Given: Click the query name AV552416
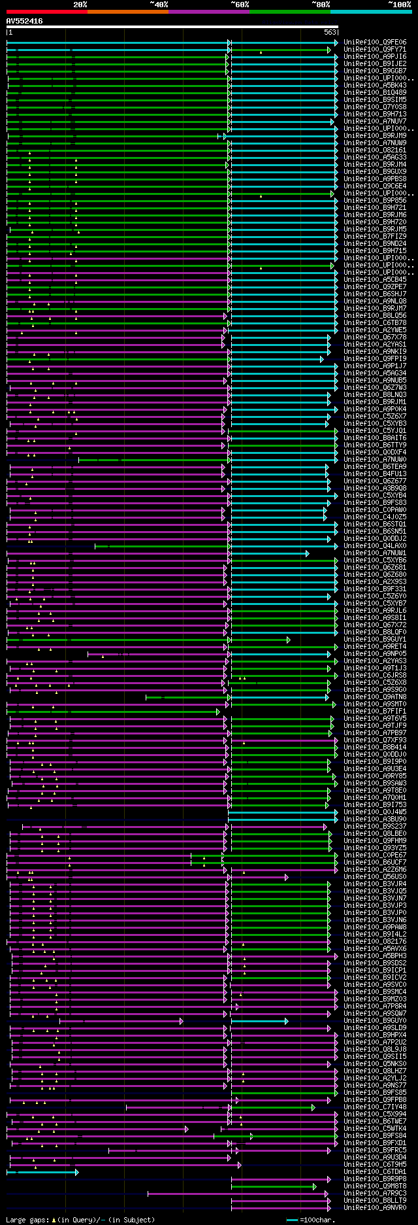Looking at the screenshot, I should click(24, 21).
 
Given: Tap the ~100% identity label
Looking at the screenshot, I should click(398, 4).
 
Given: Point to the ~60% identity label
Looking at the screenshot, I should click(239, 4).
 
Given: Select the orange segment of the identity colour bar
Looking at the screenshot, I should click(127, 12).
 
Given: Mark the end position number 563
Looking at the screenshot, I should click(330, 31).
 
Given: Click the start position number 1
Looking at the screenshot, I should click(10, 31).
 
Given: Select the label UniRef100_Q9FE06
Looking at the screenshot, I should click(375, 43).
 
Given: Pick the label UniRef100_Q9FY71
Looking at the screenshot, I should click(375, 50).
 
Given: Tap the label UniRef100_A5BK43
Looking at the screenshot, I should click(375, 86).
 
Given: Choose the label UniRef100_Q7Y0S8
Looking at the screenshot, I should click(375, 107).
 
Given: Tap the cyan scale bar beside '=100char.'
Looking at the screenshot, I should click(292, 1220).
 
